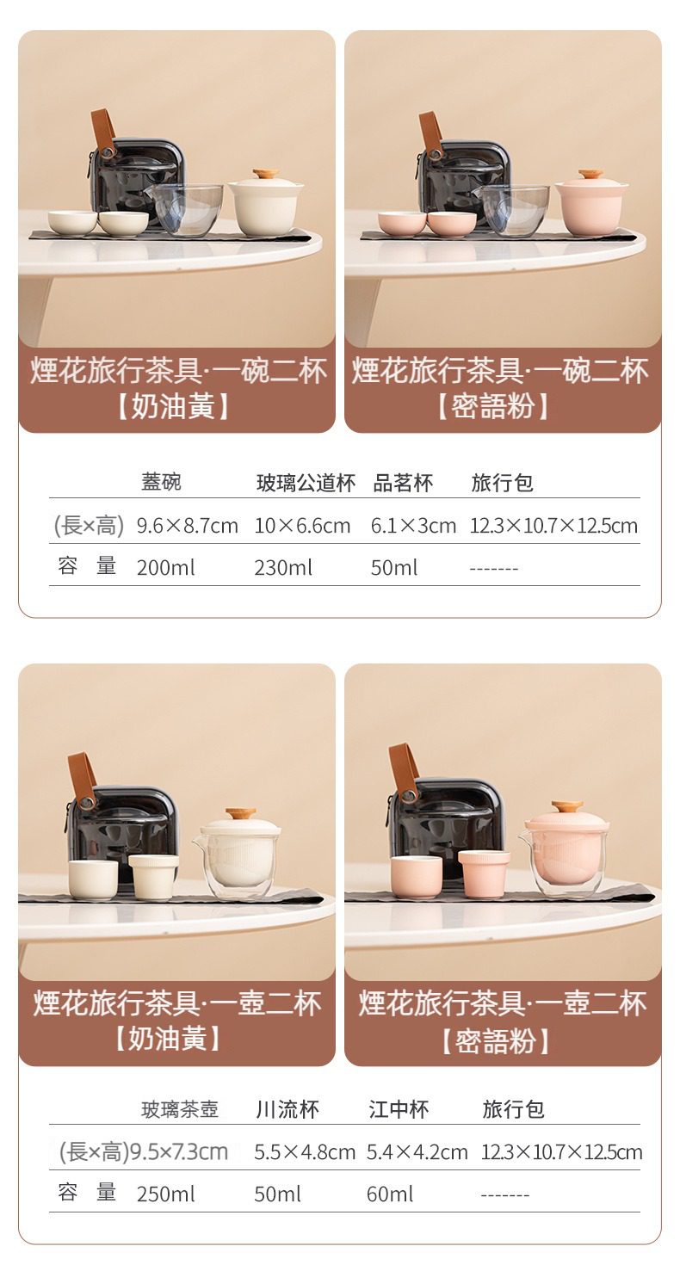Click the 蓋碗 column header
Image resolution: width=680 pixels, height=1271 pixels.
pos(161,482)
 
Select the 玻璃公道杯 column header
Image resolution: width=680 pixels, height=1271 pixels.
pos(306,483)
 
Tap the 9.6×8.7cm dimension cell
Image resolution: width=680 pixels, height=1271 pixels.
pos(188,526)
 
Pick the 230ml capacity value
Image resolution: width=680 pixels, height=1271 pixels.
pos(283,567)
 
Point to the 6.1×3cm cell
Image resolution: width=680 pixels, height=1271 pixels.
pos(413,526)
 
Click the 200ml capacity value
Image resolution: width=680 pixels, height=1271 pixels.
pos(166,567)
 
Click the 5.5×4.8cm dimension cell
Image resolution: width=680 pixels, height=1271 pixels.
pos(304,1152)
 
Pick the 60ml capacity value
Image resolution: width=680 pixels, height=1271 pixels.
pos(390,1194)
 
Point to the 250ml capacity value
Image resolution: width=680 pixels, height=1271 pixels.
pos(166,1194)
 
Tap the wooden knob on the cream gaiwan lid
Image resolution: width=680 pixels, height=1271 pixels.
pos(264,174)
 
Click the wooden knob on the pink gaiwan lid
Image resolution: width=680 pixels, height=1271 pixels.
pos(590,175)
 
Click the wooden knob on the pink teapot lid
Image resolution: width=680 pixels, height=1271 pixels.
pos(567,807)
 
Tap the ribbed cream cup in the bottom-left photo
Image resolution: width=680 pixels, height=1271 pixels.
pos(154,877)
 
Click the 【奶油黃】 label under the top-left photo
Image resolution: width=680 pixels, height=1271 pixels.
pos(173,406)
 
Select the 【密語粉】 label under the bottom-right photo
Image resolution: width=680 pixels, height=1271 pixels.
pos(495,1042)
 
